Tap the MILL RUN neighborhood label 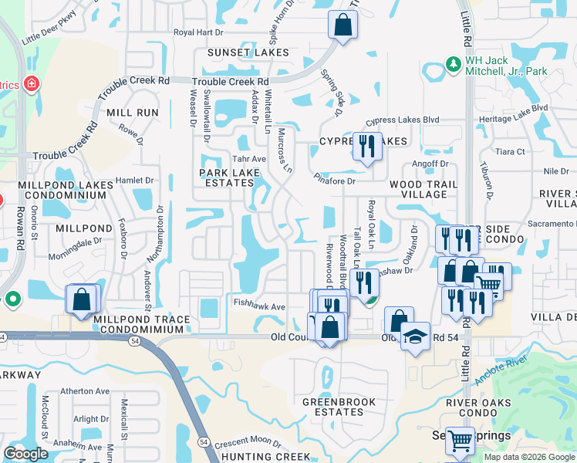tap(133, 113)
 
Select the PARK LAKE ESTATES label tap(227, 177)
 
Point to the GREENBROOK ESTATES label tap(339, 407)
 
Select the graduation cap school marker tap(415, 337)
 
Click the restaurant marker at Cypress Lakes tap(367, 145)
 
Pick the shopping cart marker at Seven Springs tap(461, 441)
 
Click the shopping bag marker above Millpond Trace tap(81, 299)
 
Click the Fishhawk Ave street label tap(259, 306)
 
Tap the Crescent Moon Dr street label tap(248, 441)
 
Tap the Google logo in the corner tap(26, 454)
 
